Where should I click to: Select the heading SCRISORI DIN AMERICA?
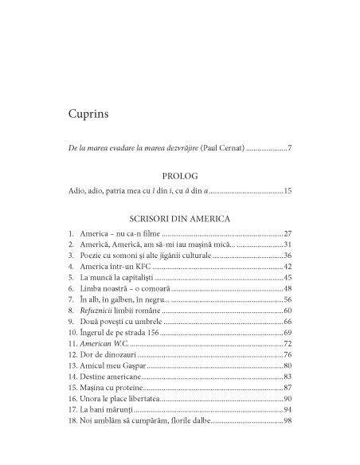click(178, 216)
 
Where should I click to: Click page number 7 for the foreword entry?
click(290, 148)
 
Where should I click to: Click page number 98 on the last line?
click(288, 420)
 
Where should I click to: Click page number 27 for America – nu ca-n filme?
click(288, 234)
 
